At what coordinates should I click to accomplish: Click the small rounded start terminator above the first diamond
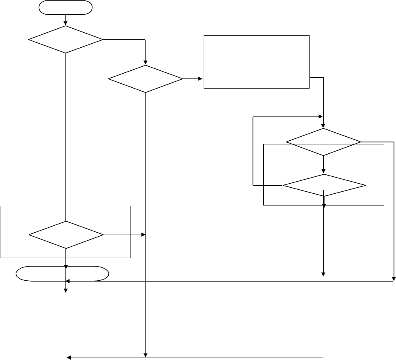[65, 7]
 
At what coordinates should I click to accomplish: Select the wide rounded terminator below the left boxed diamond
[62, 274]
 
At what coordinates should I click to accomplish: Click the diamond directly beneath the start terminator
[65, 40]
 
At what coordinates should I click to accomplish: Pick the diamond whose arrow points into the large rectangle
[145, 79]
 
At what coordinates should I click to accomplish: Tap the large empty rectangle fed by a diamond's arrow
[257, 61]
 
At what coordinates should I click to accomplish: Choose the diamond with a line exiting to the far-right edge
[323, 142]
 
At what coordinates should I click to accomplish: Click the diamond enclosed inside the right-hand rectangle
[324, 185]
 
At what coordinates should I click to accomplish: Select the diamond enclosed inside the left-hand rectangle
[65, 235]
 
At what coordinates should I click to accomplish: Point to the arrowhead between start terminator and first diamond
[65, 23]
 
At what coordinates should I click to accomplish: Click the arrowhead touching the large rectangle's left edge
[201, 79]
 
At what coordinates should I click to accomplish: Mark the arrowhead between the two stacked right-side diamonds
[323, 172]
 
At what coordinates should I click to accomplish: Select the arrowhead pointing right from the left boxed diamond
[143, 235]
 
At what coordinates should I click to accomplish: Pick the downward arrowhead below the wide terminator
[65, 289]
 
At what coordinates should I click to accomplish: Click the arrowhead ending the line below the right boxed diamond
[323, 274]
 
